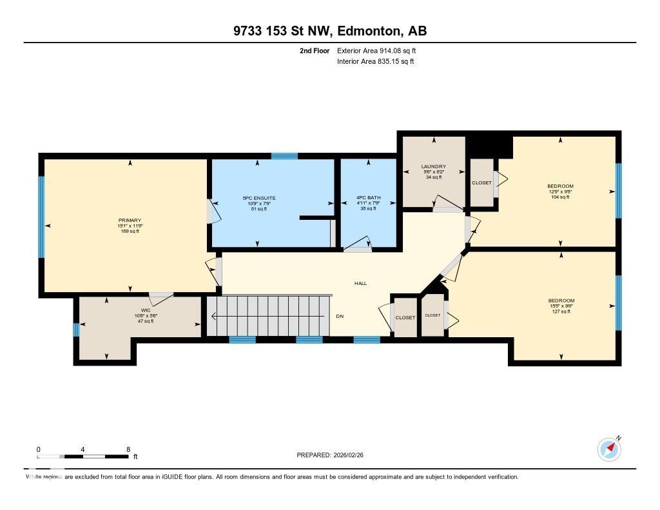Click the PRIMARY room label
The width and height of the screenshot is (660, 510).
click(x=129, y=221)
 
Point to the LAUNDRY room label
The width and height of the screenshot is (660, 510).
click(x=433, y=166)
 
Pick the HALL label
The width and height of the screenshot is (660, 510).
click(x=360, y=283)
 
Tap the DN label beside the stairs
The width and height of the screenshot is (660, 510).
click(x=340, y=317)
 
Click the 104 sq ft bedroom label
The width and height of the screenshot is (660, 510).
click(x=561, y=186)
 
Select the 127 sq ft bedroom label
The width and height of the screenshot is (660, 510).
click(x=561, y=300)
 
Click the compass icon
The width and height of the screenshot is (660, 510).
click(x=608, y=449)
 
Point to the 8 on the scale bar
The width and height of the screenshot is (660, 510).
click(x=128, y=449)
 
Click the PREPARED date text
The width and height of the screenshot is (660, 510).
click(x=334, y=455)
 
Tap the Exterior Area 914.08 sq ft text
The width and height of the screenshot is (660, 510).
click(x=381, y=50)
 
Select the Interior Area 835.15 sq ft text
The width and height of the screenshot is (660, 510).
click(x=375, y=62)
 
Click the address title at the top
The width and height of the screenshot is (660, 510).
click(x=330, y=31)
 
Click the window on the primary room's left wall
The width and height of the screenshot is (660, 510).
click(x=42, y=217)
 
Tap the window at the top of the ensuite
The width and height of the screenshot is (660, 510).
click(x=284, y=155)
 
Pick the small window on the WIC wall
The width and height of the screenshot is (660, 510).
click(x=76, y=329)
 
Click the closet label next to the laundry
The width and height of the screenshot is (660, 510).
click(x=481, y=182)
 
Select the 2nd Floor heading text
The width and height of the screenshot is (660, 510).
click(x=315, y=50)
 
